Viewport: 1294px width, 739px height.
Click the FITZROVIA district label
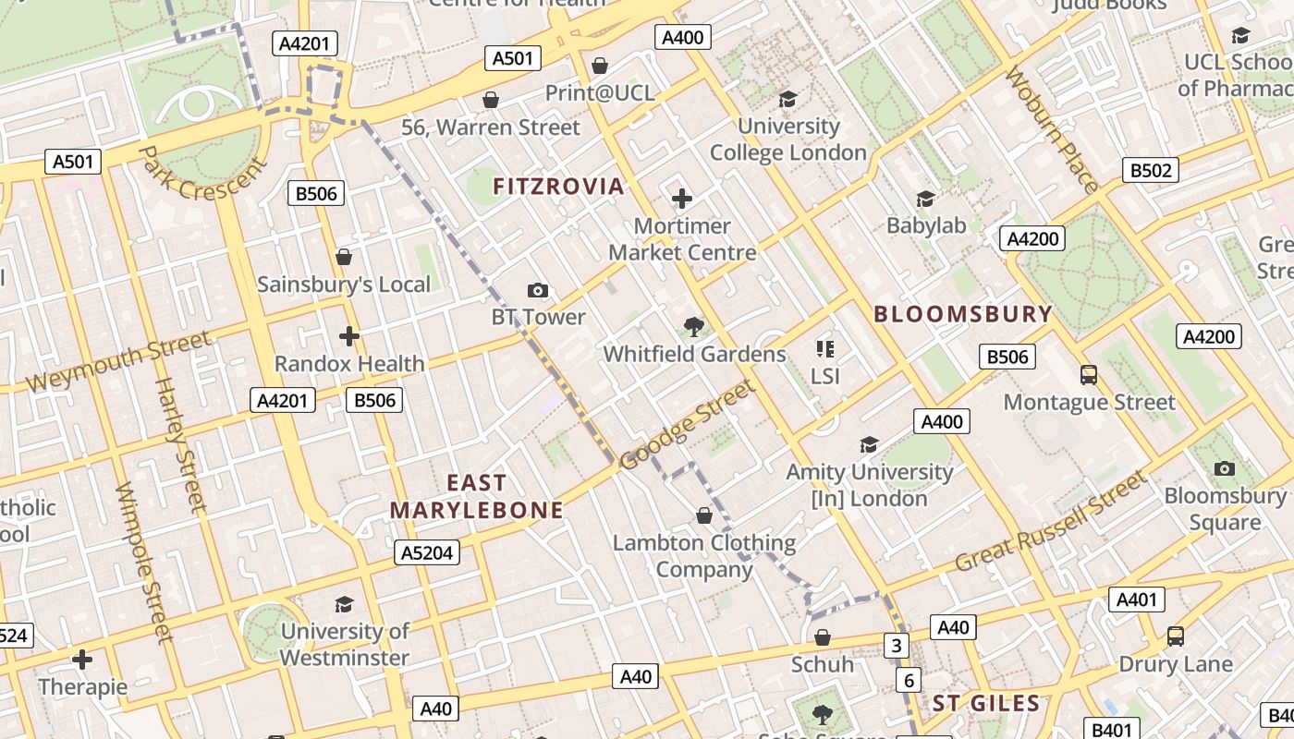point(558,187)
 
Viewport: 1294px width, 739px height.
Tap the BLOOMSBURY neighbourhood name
point(963,314)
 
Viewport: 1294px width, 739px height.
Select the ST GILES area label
point(986,703)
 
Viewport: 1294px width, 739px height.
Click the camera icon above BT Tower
point(538,290)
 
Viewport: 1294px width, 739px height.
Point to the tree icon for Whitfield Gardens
point(693,326)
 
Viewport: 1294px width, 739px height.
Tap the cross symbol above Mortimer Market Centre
point(682,199)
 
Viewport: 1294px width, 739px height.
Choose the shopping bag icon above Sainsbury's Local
point(344,256)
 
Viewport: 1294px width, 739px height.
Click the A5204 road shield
point(427,552)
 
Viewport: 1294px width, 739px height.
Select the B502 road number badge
point(1151,170)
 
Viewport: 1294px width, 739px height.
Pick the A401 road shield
point(1136,600)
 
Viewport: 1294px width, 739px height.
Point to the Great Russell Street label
point(1051,522)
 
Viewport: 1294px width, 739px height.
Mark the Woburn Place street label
point(1052,129)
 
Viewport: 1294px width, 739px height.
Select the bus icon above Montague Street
point(1089,375)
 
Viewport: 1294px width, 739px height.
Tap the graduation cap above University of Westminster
point(344,604)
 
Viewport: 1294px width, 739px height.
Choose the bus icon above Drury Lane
point(1175,636)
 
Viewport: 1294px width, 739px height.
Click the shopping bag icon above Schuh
point(822,637)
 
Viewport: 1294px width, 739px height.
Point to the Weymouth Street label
point(118,362)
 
